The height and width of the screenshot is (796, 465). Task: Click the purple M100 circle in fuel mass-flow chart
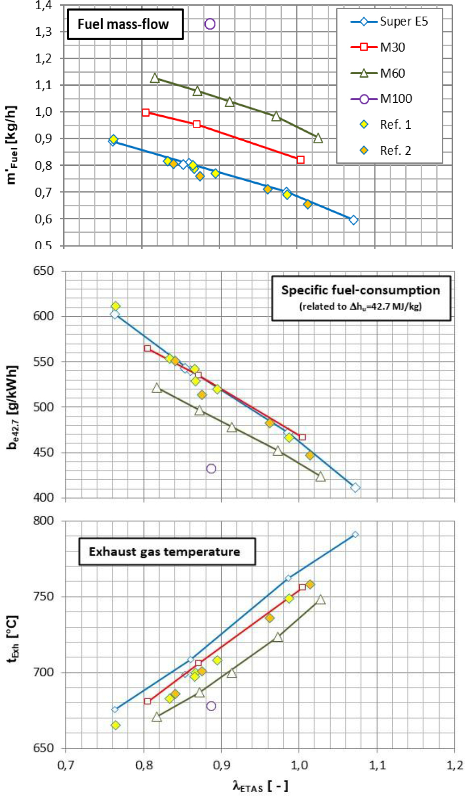210,24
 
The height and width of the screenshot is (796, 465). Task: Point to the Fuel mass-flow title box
124,24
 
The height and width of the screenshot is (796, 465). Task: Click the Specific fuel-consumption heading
360,290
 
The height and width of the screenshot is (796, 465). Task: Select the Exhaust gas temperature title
164,552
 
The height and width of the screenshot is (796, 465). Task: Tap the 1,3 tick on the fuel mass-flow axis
43,32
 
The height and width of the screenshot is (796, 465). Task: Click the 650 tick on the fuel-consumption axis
43,271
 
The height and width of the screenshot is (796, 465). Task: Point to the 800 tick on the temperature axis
43,521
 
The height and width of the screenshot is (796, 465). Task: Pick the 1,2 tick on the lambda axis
454,765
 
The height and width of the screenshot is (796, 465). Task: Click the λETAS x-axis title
260,785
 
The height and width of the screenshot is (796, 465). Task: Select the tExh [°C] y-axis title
13,639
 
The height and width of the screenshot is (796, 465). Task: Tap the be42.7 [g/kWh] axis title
13,407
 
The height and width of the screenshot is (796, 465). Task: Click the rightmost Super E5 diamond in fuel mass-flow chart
354,220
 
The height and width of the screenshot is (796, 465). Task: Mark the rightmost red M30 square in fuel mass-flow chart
301,160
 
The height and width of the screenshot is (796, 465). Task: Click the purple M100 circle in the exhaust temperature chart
211,706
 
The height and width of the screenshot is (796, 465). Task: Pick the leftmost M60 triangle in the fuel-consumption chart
157,388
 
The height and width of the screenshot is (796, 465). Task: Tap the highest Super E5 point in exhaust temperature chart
355,535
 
